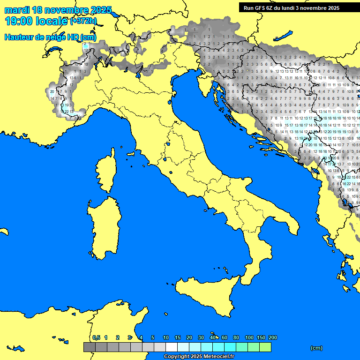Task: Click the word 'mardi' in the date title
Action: [x=18, y=10]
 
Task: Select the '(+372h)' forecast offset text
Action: [x=83, y=21]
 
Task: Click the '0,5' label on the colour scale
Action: [x=96, y=337]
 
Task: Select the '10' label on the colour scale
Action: [x=166, y=337]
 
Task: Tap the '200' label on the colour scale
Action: [x=272, y=337]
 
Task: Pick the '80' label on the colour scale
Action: [x=236, y=337]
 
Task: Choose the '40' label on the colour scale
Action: [x=213, y=337]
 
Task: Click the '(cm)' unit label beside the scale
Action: [x=316, y=348]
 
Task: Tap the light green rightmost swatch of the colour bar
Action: [x=265, y=347]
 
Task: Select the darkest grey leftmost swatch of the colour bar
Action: [x=89, y=347]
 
